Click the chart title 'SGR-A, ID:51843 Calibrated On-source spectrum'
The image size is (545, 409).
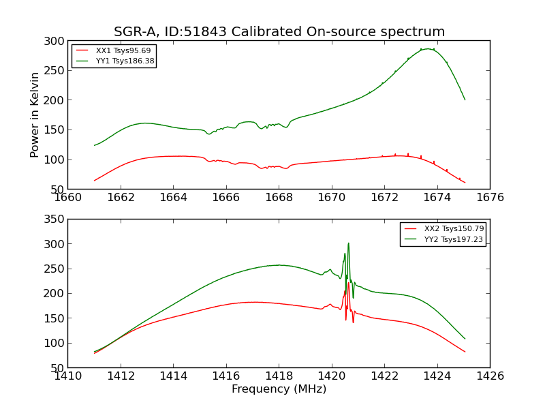(x=279, y=31)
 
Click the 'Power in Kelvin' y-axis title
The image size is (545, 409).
(x=35, y=115)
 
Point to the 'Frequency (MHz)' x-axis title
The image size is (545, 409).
(x=279, y=389)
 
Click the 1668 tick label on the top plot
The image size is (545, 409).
(x=279, y=198)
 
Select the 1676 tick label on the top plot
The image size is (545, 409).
(x=490, y=198)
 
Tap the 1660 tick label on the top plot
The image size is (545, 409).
(x=68, y=198)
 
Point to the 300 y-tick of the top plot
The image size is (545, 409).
(x=54, y=41)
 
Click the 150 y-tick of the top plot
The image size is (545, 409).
(x=54, y=130)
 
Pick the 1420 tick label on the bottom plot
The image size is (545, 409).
(x=332, y=376)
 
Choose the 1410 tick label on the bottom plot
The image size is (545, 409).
(x=68, y=376)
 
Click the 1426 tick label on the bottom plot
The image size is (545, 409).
(x=490, y=376)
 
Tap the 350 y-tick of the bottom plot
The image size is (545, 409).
(x=54, y=219)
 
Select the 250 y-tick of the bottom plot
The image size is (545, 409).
(x=54, y=269)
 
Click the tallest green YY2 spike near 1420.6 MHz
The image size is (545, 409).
(x=348, y=243)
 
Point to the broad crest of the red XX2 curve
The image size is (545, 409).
(x=255, y=302)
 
